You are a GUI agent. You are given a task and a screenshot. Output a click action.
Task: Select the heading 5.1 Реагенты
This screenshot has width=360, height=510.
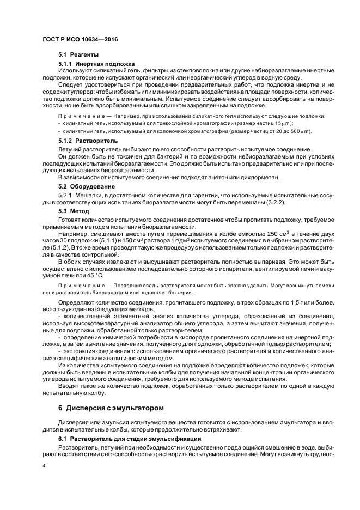pyautogui.click(x=78, y=55)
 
